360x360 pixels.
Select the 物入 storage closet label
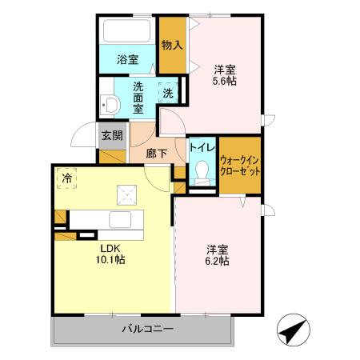pos(170,45)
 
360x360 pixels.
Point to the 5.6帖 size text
pos(225,80)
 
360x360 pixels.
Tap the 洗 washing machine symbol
pos(167,93)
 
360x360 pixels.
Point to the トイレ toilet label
pos(200,148)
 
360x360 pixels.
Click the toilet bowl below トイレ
pos(202,171)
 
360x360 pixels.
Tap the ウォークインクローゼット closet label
pos(240,165)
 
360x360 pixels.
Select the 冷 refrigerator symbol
pos(68,178)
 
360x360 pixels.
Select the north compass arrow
pos(293,331)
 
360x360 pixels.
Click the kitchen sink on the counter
pos(120,220)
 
